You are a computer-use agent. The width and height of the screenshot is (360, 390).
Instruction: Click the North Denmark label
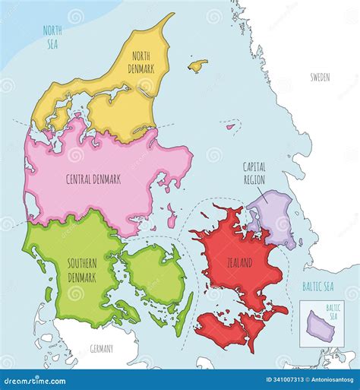point(143,62)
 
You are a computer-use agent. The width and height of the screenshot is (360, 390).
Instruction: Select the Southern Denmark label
point(82,269)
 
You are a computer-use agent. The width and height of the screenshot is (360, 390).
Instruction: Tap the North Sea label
point(52,36)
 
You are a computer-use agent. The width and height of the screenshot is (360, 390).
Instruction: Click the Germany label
point(100,349)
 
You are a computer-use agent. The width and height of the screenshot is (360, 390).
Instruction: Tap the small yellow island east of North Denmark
point(198,66)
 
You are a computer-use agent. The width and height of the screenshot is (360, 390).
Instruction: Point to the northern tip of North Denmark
point(172,14)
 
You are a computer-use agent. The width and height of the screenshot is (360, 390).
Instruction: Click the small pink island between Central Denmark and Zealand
point(172,214)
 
